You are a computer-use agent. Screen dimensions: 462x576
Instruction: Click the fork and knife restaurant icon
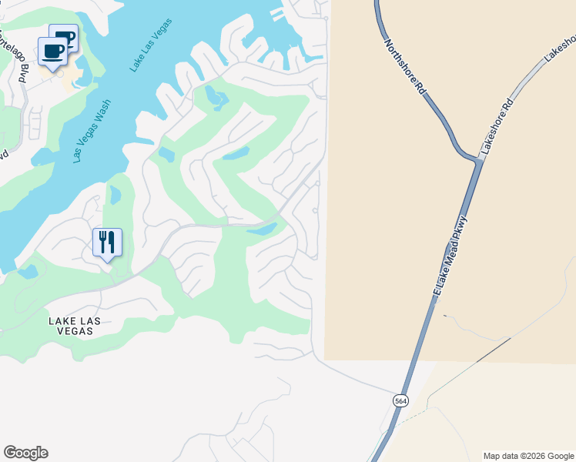pyautogui.click(x=107, y=243)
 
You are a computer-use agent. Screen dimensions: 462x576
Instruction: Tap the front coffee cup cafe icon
pyautogui.click(x=53, y=52)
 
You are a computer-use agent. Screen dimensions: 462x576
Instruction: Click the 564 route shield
pyautogui.click(x=400, y=401)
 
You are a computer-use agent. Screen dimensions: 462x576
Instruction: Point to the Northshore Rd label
pyautogui.click(x=405, y=68)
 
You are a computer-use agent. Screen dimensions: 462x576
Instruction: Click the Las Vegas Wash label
pyautogui.click(x=92, y=131)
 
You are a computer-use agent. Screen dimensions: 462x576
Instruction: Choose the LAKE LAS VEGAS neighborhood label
pyautogui.click(x=70, y=325)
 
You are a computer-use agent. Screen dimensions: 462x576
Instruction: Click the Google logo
pyautogui.click(x=25, y=453)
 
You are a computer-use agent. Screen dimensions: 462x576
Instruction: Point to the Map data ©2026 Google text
pyautogui.click(x=528, y=456)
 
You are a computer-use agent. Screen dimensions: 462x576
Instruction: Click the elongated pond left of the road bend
pyautogui.click(x=262, y=229)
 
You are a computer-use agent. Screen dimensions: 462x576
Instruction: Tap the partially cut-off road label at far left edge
pyautogui.click(x=4, y=154)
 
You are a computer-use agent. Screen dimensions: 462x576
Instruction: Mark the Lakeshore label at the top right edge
pyautogui.click(x=561, y=49)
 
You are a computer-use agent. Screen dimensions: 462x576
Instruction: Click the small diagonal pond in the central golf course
pyautogui.click(x=236, y=153)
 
